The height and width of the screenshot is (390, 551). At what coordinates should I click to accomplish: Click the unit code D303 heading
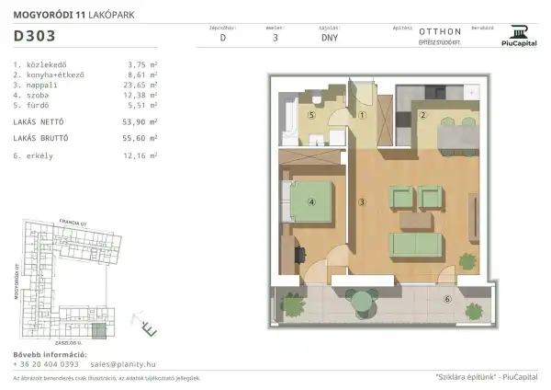pos(34,39)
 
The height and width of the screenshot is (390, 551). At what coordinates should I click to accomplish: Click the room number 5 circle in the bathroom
pos(311,116)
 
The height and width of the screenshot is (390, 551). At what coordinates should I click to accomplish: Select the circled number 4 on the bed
pos(311,203)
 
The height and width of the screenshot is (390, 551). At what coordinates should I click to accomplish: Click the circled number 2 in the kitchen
pos(423,115)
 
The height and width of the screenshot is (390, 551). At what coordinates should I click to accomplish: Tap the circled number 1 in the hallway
pos(363,116)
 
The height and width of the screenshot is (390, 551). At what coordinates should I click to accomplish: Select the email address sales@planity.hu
pos(129,363)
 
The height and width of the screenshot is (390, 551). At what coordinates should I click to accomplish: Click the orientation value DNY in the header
pos(329,40)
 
